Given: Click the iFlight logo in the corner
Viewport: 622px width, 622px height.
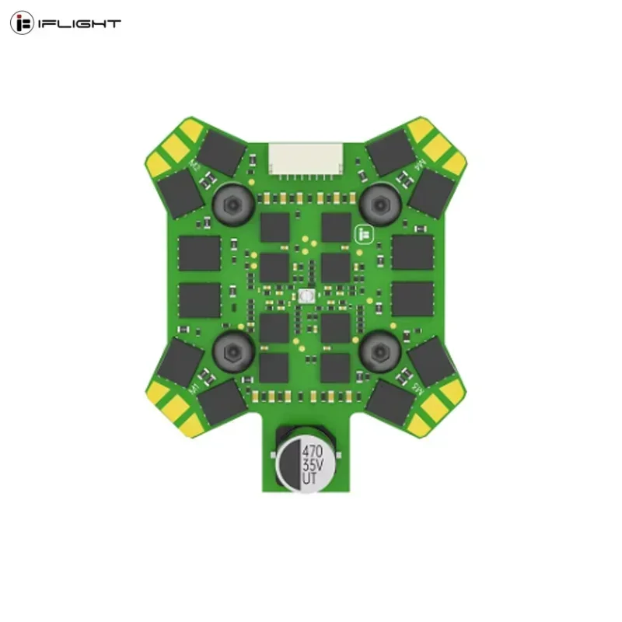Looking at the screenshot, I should [x=65, y=23].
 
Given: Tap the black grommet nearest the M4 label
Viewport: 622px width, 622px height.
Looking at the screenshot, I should [x=380, y=204].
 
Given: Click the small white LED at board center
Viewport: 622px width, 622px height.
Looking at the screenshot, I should [x=305, y=296].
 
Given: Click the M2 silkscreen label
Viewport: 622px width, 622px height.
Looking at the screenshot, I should [x=196, y=166].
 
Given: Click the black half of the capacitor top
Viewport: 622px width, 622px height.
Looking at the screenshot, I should [x=288, y=466].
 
